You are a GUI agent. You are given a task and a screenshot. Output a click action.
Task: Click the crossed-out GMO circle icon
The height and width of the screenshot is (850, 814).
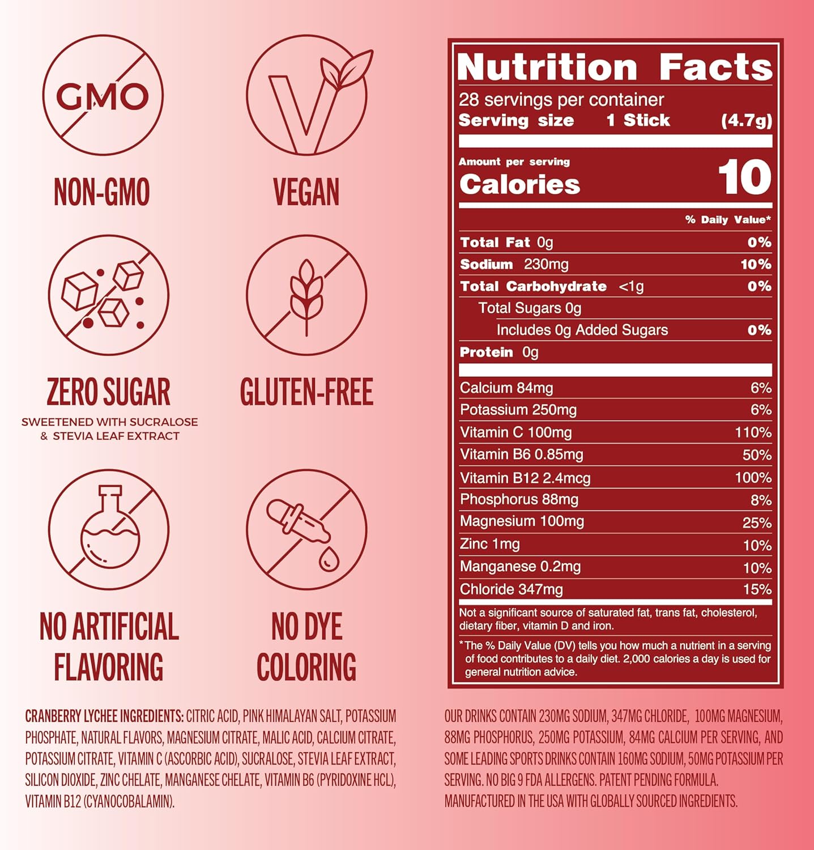103,95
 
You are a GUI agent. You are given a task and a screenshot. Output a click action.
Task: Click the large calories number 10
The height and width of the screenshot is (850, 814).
744,177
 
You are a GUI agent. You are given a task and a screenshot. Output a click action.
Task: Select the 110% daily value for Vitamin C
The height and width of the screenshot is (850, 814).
753,433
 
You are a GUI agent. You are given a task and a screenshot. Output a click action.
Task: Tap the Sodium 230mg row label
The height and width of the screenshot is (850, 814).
514,264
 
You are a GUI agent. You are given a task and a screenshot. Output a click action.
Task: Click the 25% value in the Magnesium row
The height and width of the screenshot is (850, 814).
757,522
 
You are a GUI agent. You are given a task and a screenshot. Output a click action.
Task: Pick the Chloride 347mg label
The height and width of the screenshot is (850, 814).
511,589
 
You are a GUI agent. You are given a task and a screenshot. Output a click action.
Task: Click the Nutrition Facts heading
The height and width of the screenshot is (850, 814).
615,67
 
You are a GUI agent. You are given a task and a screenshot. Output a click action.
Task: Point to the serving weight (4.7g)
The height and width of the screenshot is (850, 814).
746,121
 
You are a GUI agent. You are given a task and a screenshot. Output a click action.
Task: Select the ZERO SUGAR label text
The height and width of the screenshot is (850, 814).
108,392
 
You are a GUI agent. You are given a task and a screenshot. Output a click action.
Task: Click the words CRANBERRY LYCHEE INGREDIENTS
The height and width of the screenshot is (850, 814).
104,716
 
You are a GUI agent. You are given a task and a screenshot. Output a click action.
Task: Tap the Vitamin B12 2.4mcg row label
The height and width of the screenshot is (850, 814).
525,478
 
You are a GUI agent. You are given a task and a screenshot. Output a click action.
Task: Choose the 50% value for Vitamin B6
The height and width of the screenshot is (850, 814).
757,455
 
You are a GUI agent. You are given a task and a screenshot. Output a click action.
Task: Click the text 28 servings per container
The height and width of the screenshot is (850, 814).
561,100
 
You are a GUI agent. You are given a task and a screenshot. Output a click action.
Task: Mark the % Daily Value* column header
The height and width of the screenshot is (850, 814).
727,220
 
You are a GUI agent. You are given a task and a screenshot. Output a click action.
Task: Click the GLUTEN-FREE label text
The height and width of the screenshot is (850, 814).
306,392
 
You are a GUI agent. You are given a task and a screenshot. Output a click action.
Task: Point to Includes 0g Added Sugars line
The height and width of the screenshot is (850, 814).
582,330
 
